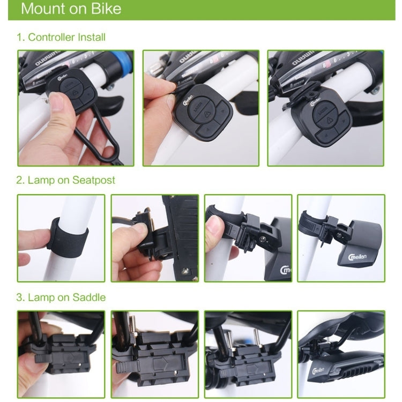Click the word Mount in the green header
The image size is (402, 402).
43,9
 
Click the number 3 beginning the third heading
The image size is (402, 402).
19,297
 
